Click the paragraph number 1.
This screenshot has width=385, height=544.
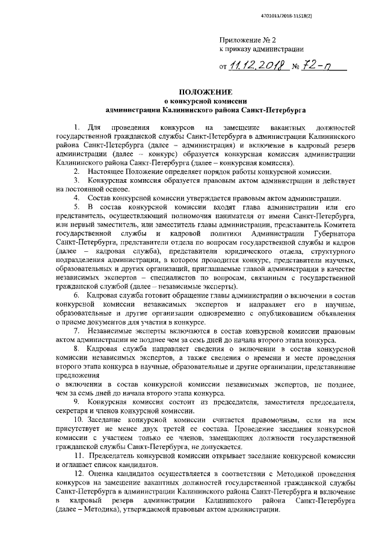pos(75,128)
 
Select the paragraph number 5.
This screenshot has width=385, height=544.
pos(75,206)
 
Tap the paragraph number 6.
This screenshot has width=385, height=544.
pos(75,296)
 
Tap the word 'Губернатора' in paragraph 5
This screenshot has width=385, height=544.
pos(331,232)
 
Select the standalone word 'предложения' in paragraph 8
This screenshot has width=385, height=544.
pos(76,374)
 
